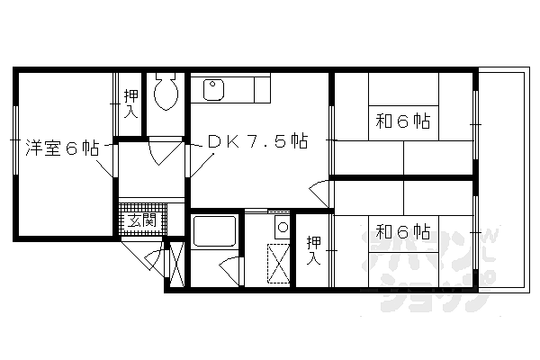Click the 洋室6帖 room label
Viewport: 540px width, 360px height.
coord(62,148)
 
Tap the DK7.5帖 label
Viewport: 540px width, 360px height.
coord(258,141)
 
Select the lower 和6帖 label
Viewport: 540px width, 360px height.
coord(401,231)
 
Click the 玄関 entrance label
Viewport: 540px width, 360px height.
coord(142,220)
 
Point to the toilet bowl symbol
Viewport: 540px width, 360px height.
coord(165,93)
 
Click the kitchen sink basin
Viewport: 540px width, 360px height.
coord(214,90)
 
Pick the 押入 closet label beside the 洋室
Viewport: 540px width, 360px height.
coord(131,104)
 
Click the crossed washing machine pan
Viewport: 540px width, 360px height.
coord(278,263)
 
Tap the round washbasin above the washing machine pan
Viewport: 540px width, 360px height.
coord(282,226)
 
